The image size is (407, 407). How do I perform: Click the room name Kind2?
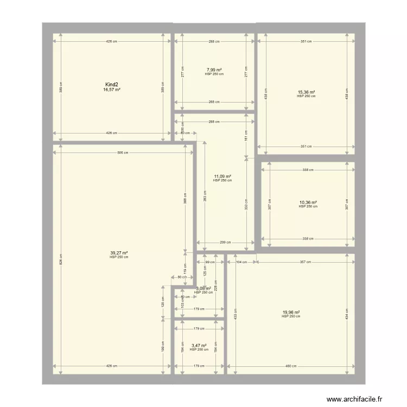112,85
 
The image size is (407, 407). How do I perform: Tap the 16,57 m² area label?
112,90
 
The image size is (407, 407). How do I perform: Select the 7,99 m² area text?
214,70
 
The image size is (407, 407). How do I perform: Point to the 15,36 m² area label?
306,92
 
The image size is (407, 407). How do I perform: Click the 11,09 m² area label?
222,176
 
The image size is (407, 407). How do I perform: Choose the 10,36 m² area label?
308,202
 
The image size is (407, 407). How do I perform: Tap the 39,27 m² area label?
119,253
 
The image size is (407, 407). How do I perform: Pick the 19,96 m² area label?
291,312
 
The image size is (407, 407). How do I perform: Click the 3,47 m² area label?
199,346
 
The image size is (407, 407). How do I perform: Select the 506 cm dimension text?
123,152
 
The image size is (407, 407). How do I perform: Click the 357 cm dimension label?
306,262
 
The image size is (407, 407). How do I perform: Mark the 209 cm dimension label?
225,243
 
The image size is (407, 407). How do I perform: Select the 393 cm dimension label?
205,195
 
